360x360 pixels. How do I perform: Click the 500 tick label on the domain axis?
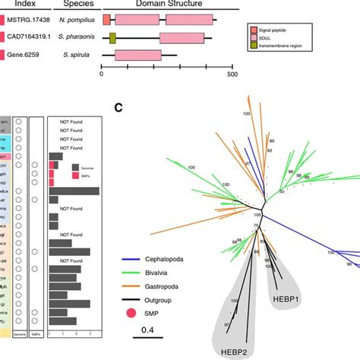(232, 74)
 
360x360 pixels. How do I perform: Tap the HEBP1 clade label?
(288, 298)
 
